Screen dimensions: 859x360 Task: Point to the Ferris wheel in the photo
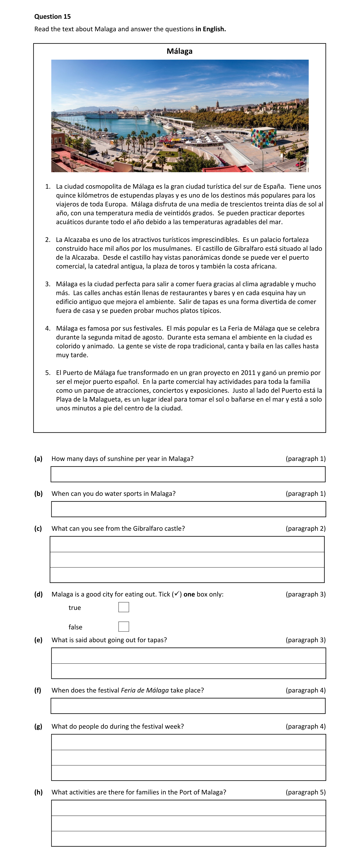pyautogui.click(x=136, y=110)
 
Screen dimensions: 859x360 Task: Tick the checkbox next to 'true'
pyautogui.click(x=124, y=607)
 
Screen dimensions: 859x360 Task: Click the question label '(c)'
pyautogui.click(x=38, y=528)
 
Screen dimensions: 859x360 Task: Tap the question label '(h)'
pyautogui.click(x=38, y=792)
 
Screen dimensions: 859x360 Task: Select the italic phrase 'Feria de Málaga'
pyautogui.click(x=145, y=690)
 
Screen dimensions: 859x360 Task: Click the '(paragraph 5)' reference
pyautogui.click(x=305, y=792)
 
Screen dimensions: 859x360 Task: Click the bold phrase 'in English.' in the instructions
pyautogui.click(x=211, y=29)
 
